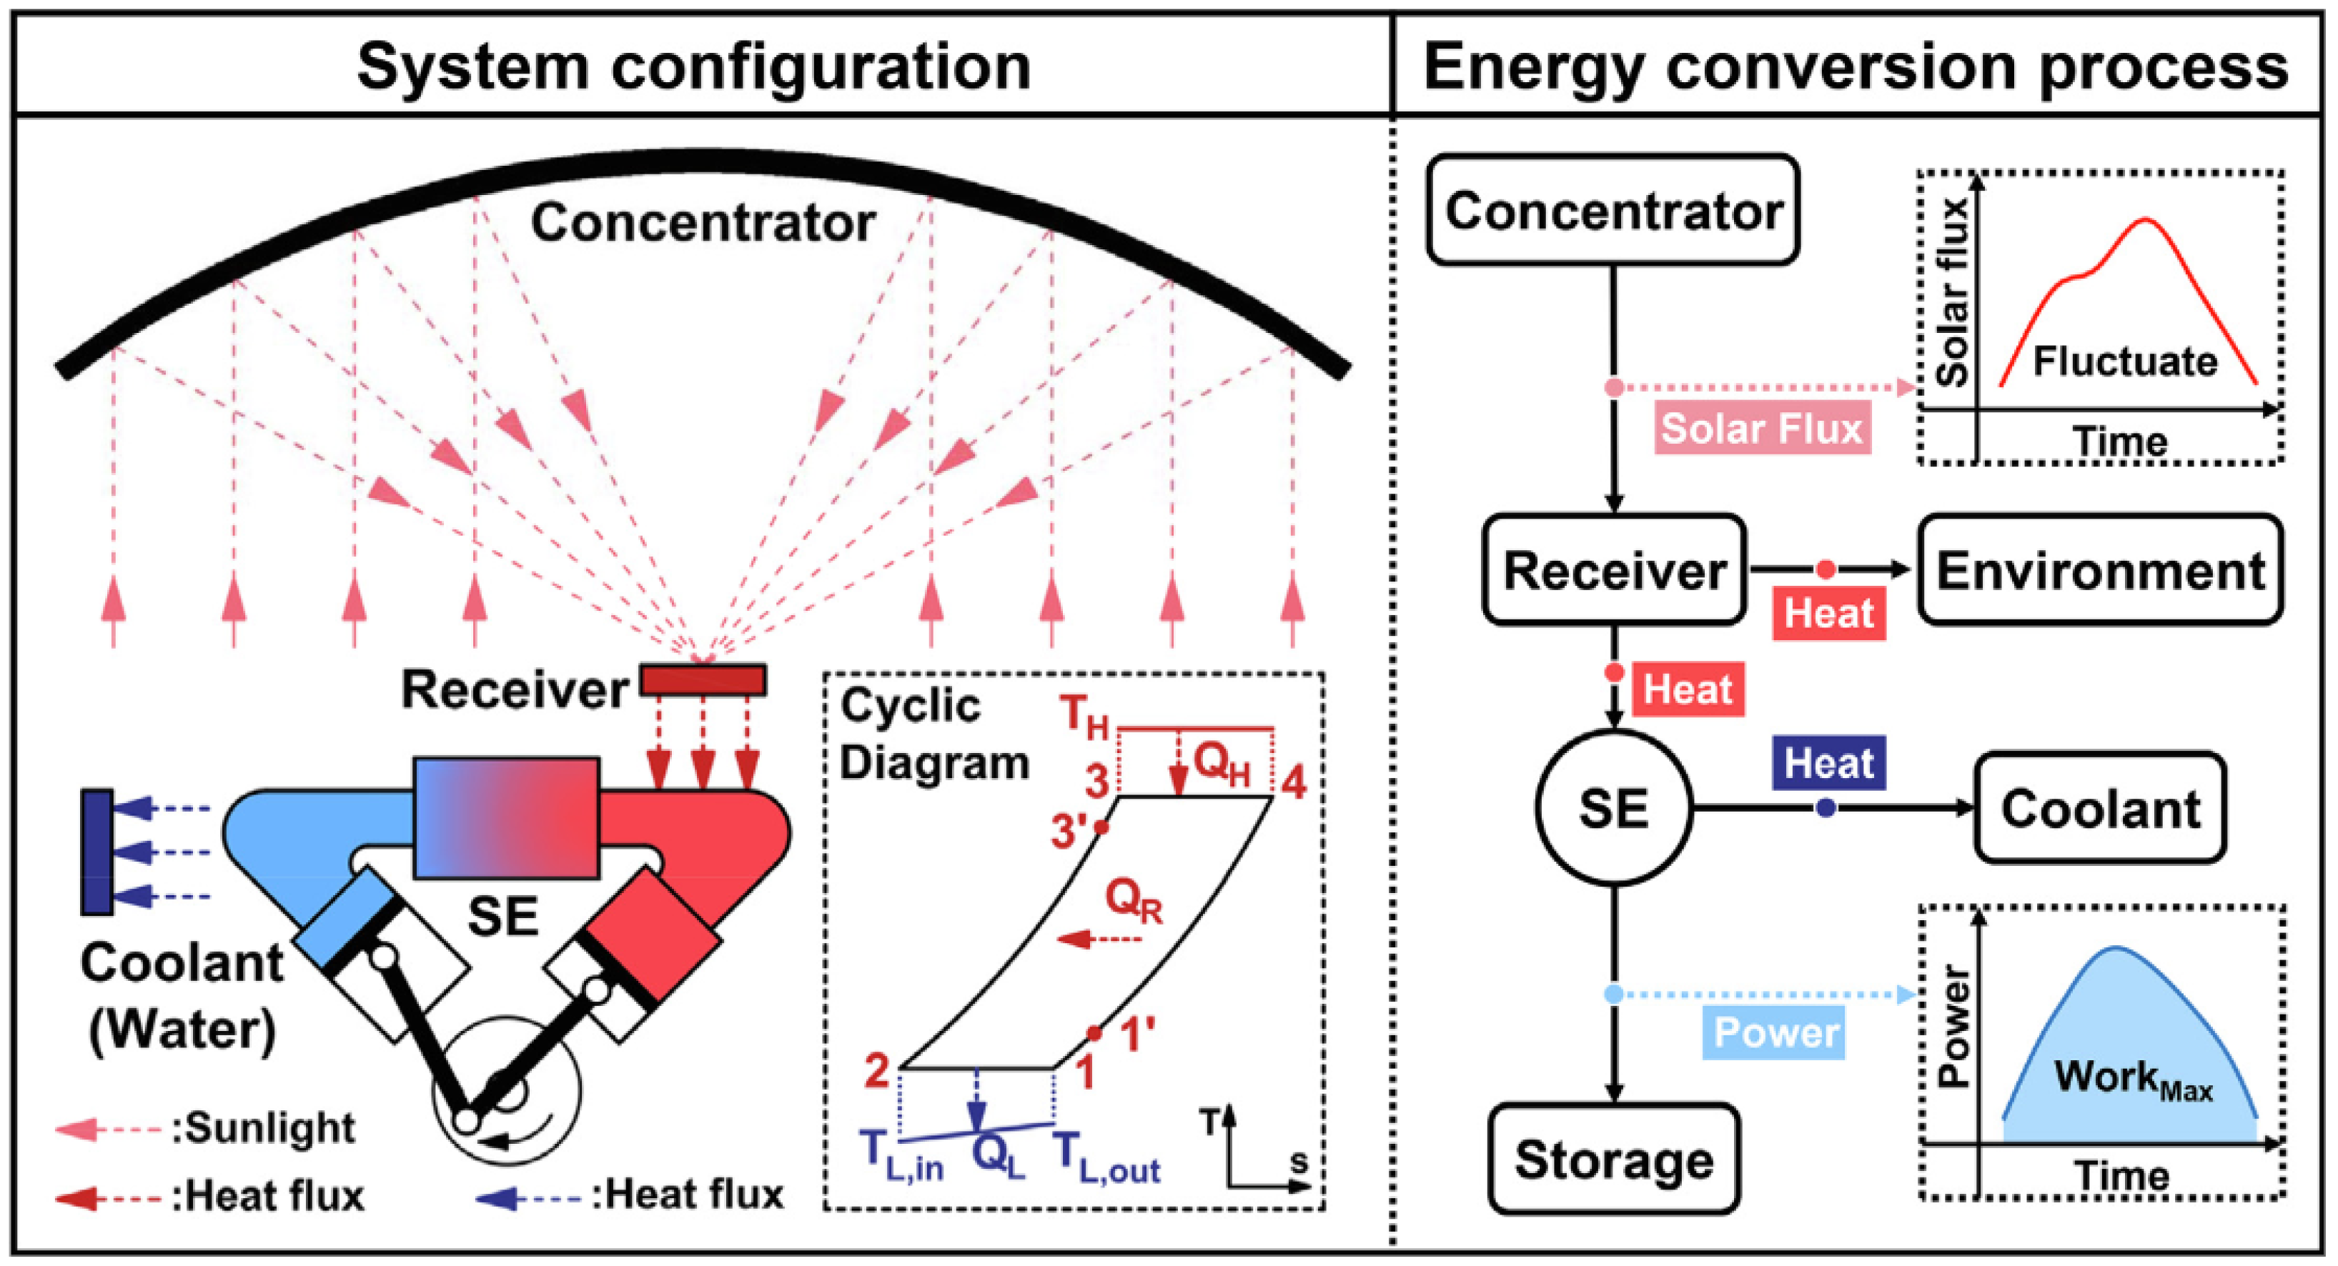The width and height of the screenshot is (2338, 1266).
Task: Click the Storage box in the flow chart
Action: pyautogui.click(x=1614, y=1159)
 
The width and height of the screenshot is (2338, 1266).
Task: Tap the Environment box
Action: pyautogui.click(x=2099, y=570)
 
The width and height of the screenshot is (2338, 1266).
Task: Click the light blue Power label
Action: pyautogui.click(x=1775, y=1032)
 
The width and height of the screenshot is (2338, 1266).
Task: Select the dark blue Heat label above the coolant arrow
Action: pyautogui.click(x=1828, y=762)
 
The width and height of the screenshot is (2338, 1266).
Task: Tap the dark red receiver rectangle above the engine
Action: pyautogui.click(x=703, y=679)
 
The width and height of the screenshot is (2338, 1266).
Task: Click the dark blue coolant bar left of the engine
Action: pyautogui.click(x=97, y=851)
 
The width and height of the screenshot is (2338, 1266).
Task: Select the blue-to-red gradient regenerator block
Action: pyautogui.click(x=507, y=817)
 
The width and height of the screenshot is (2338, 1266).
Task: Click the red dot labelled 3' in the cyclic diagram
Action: pyautogui.click(x=1101, y=827)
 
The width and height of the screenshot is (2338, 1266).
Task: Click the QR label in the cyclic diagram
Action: pyautogui.click(x=1134, y=900)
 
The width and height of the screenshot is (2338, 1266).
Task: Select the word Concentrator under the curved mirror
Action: pyautogui.click(x=703, y=221)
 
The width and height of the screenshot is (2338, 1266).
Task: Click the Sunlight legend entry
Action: pyautogui.click(x=263, y=1128)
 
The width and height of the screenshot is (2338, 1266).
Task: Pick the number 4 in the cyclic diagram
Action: pyautogui.click(x=1292, y=782)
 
